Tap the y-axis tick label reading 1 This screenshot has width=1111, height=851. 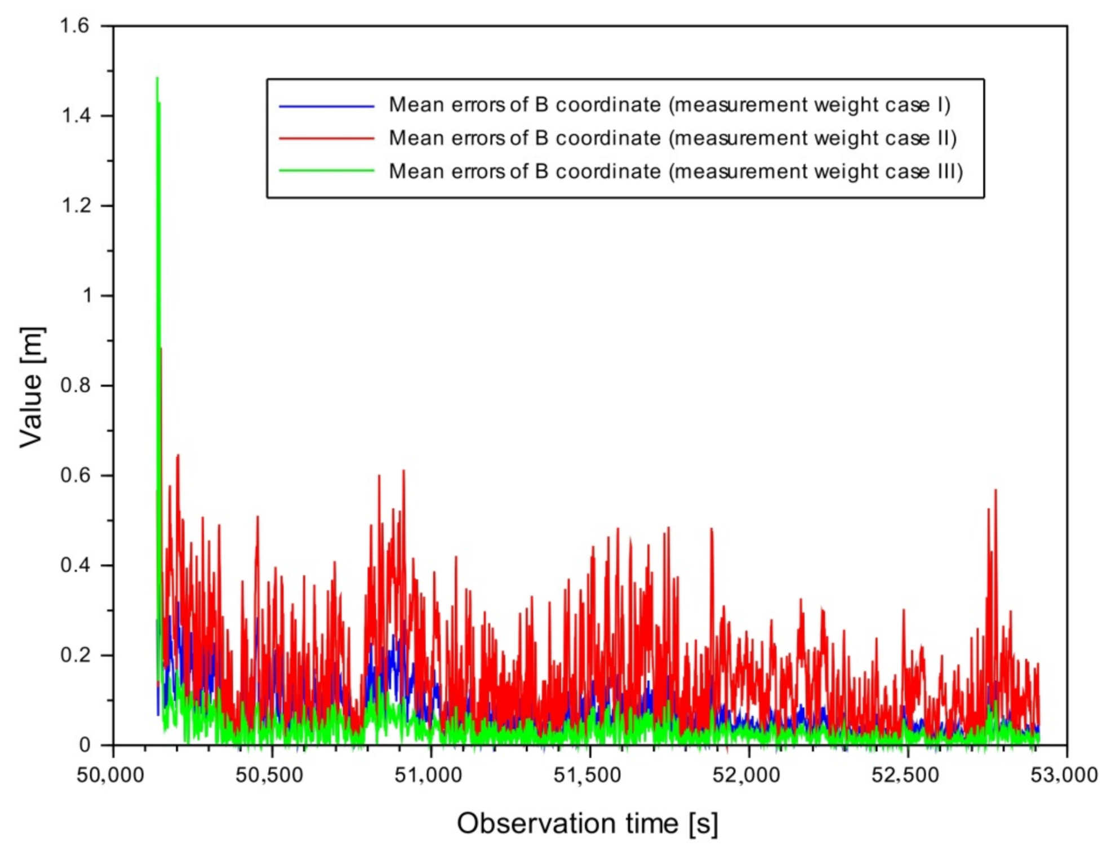(x=87, y=296)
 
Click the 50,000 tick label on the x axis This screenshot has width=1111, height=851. (x=110, y=775)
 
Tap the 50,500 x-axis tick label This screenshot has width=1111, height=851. (x=269, y=775)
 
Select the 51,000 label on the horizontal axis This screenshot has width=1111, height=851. (x=428, y=775)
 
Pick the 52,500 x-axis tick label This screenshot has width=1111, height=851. (x=905, y=775)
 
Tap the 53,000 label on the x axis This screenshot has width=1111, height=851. (x=1064, y=775)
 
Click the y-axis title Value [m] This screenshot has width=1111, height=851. (x=32, y=387)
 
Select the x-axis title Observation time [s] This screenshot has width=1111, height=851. (x=588, y=823)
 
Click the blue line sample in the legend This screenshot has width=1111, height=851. (x=327, y=106)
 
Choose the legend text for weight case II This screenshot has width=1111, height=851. (x=673, y=138)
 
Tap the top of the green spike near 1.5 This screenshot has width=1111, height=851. (x=157, y=78)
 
